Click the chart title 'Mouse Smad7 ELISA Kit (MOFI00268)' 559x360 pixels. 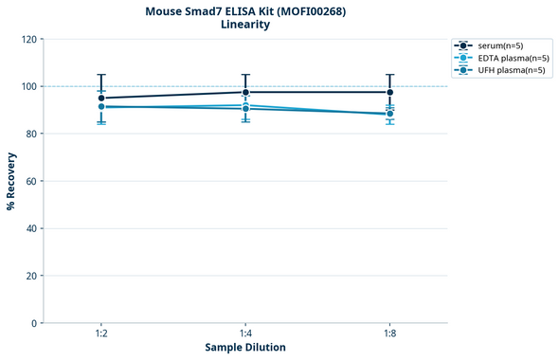click(x=245, y=10)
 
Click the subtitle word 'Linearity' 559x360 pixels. click(x=245, y=25)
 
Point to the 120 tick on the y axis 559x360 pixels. click(x=28, y=40)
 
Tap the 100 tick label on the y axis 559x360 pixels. click(x=28, y=87)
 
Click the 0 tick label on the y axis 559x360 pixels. click(x=34, y=323)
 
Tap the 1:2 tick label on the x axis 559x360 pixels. click(x=101, y=334)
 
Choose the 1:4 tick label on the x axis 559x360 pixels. click(x=245, y=334)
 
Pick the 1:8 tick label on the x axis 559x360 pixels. click(x=390, y=334)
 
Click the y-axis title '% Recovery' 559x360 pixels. click(x=11, y=181)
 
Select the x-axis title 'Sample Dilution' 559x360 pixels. click(x=245, y=348)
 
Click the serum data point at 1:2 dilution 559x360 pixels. click(x=101, y=99)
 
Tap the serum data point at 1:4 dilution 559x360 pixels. click(x=245, y=93)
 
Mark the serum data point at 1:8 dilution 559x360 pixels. click(x=390, y=93)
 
